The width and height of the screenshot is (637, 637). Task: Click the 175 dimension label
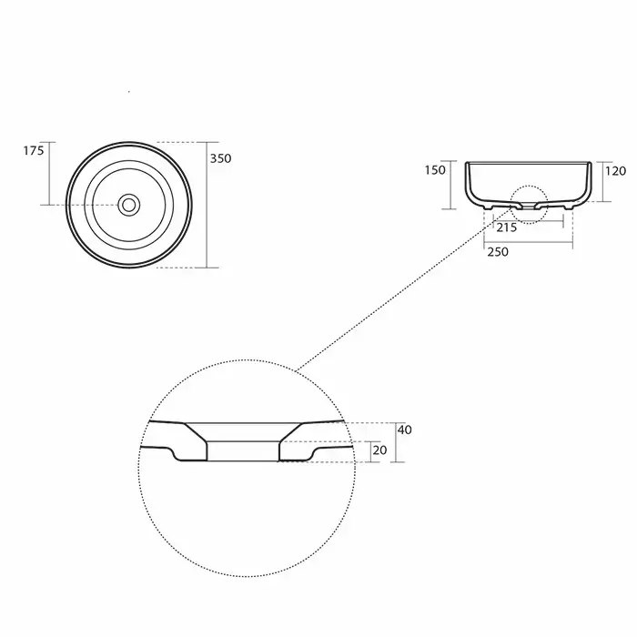[34, 151]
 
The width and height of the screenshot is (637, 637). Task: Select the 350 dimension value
[220, 158]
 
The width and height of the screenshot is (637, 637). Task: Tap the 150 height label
[435, 170]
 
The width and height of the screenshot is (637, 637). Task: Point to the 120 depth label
[615, 171]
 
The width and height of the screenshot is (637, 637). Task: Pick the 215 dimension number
[507, 227]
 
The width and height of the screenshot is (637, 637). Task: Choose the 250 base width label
[498, 252]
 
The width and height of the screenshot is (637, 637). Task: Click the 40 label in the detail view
[405, 430]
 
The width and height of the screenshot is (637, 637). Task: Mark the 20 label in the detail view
[379, 450]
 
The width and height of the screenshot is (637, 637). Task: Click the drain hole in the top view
[129, 205]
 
